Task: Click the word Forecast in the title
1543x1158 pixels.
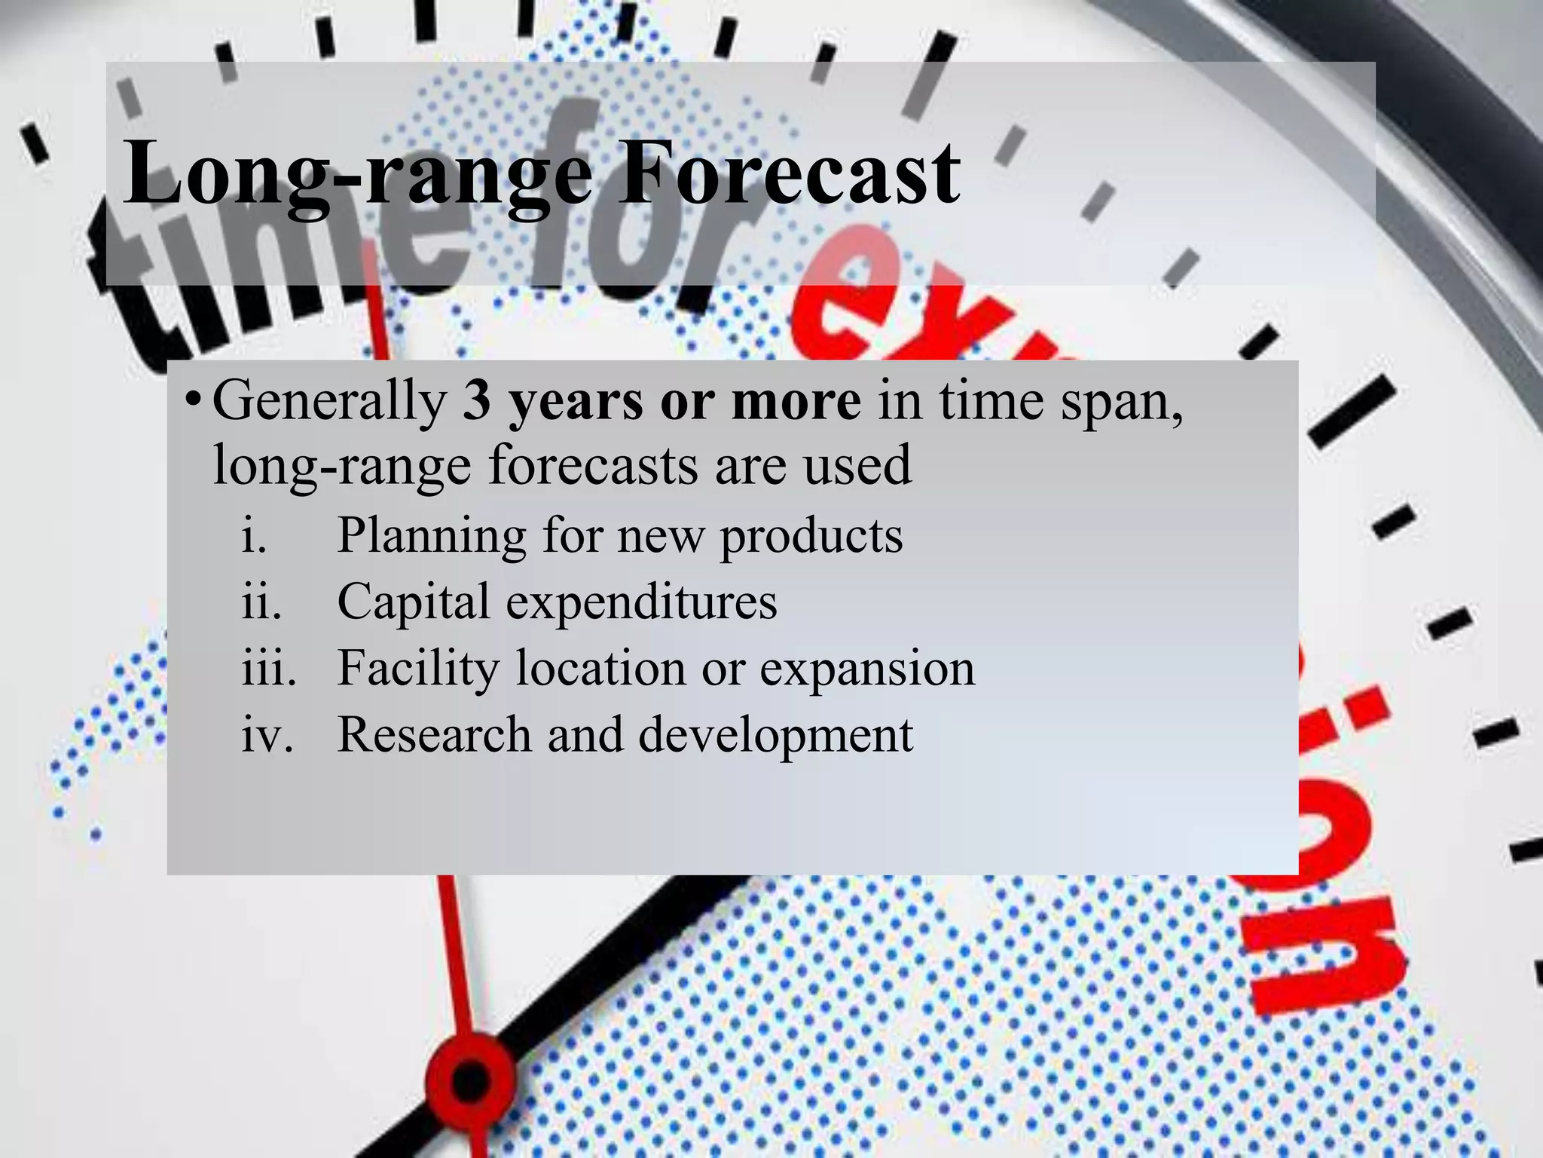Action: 789,175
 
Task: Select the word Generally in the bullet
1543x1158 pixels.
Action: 330,401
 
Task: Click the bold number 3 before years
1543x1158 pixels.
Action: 477,401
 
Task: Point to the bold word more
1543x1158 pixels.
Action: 796,401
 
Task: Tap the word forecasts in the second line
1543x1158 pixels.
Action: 594,465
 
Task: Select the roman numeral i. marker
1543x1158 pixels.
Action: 255,536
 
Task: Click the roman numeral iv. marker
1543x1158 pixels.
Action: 267,735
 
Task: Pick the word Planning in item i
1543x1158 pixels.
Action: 432,536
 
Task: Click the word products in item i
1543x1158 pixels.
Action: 811,536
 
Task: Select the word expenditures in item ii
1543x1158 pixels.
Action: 641,602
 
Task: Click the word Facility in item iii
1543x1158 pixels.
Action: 418,668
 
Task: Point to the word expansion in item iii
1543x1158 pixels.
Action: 867,668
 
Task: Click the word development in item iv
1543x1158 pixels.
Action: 776,735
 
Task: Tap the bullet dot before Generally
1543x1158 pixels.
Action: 194,399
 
